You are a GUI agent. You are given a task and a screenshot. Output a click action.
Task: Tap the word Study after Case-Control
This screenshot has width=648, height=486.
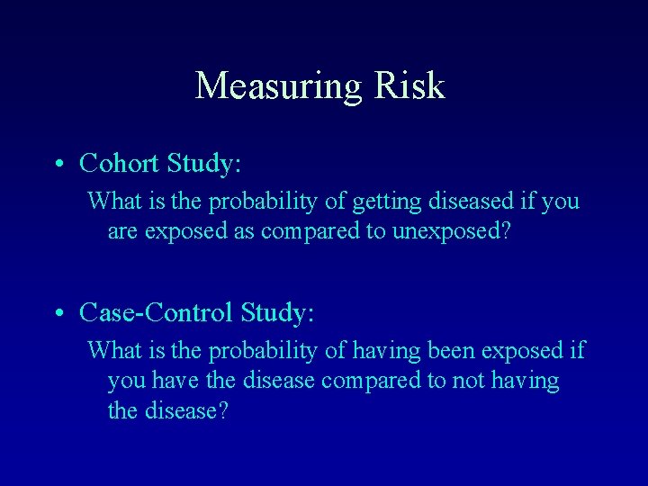[x=277, y=312]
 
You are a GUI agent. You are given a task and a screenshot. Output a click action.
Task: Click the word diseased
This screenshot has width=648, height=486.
[x=431, y=200]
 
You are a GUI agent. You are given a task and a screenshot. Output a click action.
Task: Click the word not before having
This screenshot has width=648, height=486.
[x=466, y=381]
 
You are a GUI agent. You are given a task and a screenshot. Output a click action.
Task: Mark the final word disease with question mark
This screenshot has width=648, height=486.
[x=192, y=411]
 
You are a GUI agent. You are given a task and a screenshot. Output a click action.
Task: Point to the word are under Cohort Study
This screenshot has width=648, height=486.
[x=121, y=231]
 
